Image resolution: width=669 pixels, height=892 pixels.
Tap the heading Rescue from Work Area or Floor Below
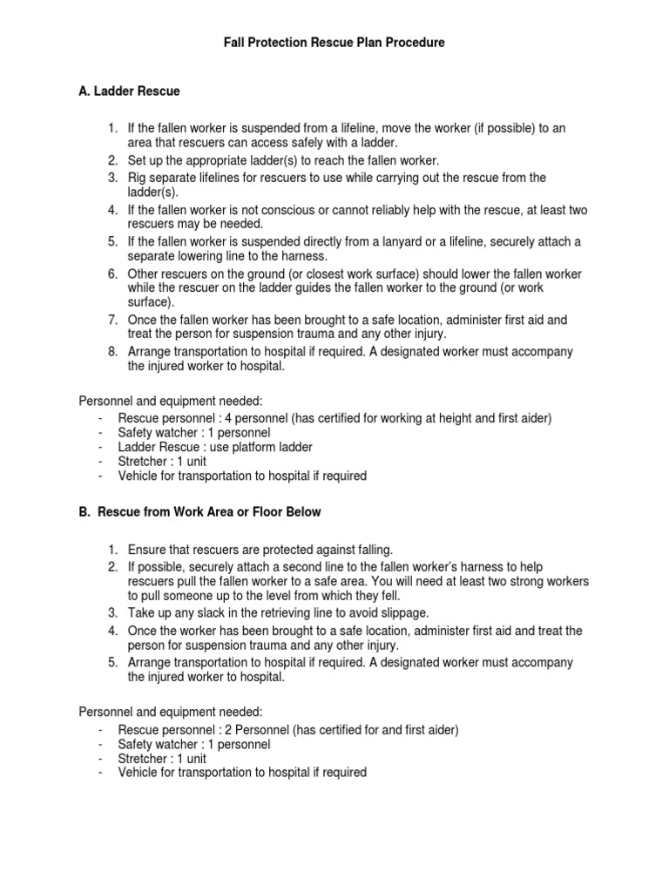(208, 512)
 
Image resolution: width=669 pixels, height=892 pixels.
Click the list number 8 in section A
(113, 352)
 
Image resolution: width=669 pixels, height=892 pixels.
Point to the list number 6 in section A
(113, 274)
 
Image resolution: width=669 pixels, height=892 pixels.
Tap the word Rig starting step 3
(138, 178)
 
